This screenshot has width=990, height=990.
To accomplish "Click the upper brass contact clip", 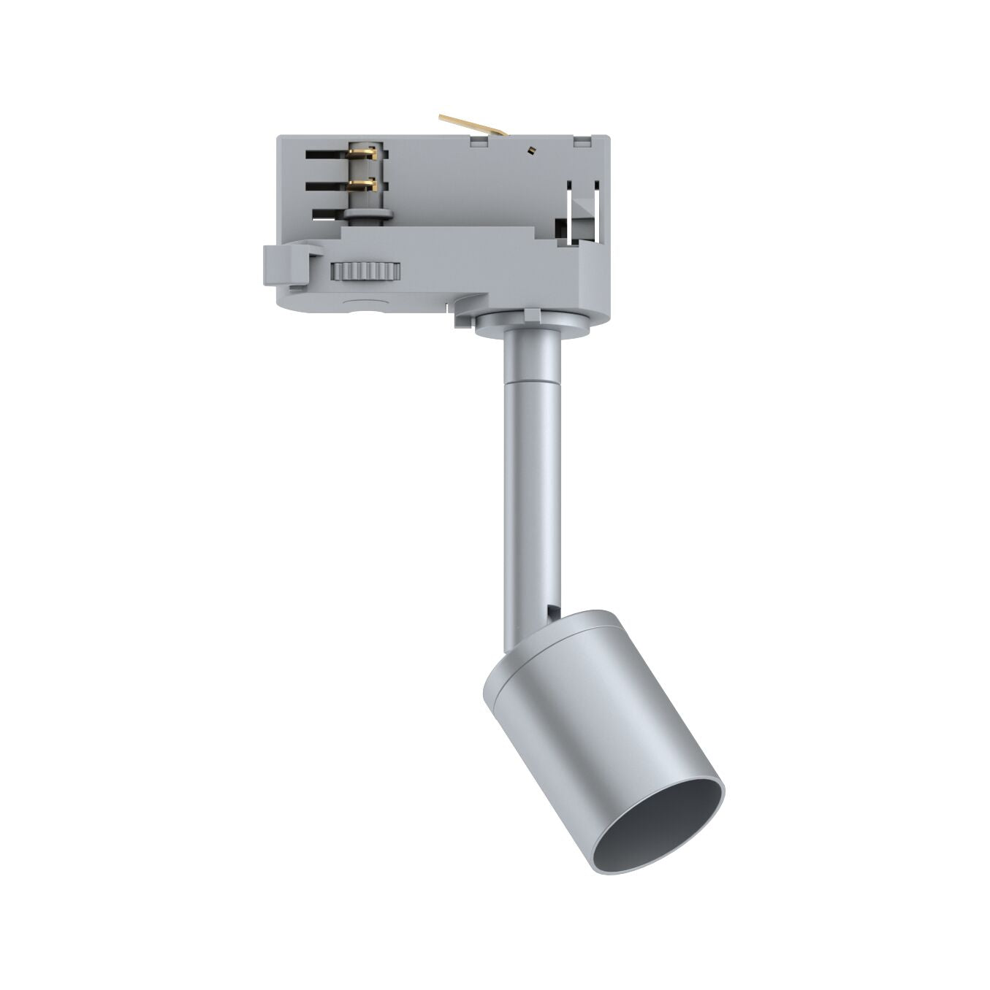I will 363,153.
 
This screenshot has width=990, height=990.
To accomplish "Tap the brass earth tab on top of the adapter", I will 471,125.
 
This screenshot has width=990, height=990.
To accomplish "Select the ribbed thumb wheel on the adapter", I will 365,272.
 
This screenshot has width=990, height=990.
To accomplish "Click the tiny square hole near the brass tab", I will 530,150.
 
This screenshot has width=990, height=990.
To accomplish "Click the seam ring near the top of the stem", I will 531,381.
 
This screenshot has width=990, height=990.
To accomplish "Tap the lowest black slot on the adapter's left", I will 329,215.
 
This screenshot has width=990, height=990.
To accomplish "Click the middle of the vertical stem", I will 531,496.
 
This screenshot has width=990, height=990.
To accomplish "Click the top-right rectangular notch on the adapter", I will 582,141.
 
